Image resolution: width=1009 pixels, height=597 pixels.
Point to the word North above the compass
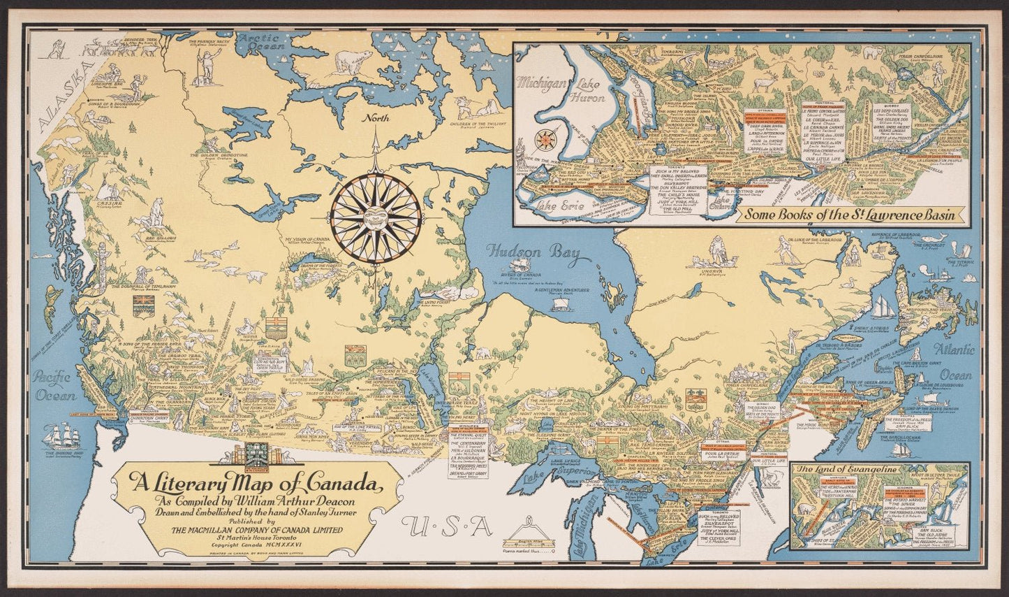click(x=395, y=118)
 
